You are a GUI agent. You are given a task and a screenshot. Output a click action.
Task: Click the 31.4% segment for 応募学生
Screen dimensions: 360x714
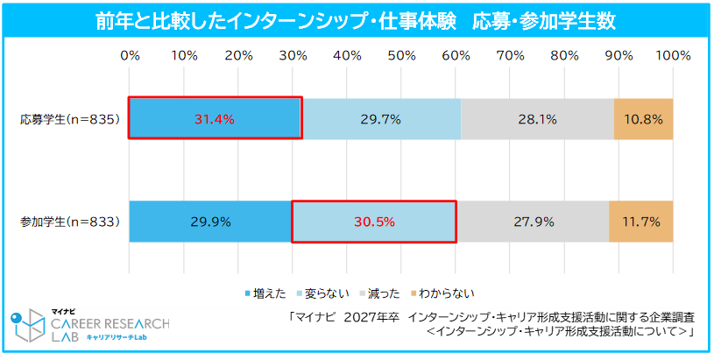(215, 118)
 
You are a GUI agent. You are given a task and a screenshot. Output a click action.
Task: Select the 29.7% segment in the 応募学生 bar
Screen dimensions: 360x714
(380, 118)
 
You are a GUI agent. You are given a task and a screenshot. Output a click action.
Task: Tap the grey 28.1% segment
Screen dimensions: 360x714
(537, 118)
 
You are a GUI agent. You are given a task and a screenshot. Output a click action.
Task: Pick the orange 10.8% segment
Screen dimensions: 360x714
(643, 118)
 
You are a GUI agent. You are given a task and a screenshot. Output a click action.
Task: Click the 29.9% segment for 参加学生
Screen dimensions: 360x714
(210, 222)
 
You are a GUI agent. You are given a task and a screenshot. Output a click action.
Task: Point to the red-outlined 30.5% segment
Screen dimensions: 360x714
(374, 222)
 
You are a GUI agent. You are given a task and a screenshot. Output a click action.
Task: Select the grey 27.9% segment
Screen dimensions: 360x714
(533, 222)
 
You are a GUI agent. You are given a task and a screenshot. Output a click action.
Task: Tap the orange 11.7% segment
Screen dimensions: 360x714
(641, 222)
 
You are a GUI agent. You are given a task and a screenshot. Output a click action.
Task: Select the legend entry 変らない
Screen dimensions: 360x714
(328, 293)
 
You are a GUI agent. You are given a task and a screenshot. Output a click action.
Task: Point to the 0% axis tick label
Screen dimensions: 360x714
(130, 55)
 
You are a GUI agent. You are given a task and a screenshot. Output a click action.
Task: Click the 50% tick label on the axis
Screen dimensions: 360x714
(401, 55)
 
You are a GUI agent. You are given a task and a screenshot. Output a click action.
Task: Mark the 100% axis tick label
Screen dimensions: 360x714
(673, 55)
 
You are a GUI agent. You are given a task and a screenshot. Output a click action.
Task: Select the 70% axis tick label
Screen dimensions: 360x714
(510, 55)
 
